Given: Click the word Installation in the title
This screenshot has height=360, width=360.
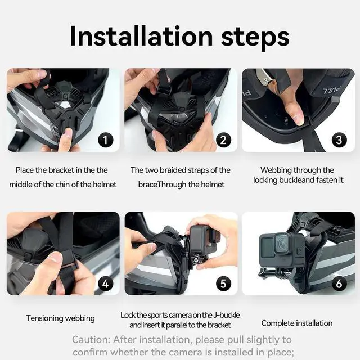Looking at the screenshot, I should tap(140, 37).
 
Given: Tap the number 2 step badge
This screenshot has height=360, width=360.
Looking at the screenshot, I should tap(223, 139).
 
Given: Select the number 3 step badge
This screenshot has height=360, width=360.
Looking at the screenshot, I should tap(339, 139).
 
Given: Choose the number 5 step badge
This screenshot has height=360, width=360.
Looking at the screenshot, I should tap(223, 283).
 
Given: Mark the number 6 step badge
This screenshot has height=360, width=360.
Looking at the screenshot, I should tap(339, 283).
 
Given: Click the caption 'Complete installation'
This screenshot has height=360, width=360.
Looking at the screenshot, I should tap(297, 323).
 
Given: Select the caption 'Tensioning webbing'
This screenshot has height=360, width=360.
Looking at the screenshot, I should tap(61, 318).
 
